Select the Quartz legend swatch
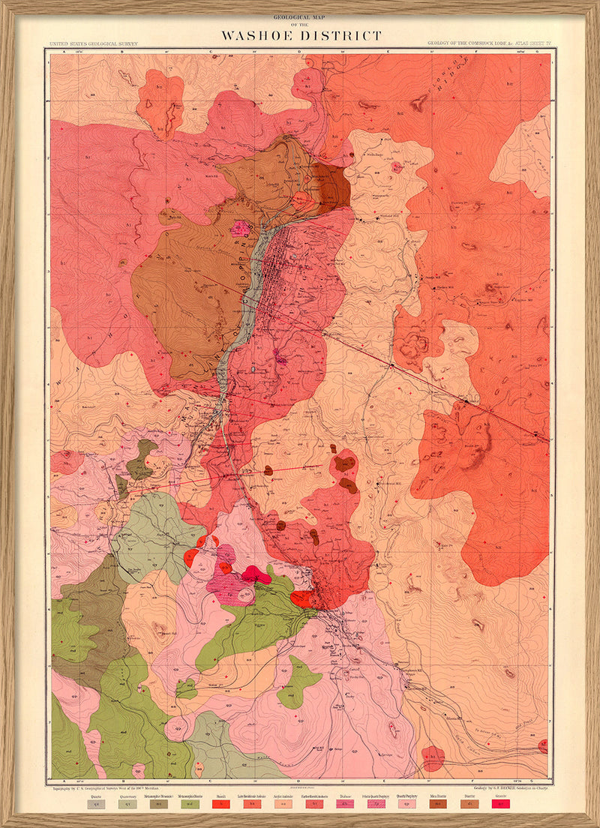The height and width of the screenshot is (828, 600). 96,804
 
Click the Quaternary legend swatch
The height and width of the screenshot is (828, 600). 127,804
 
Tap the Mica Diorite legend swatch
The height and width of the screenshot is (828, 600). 437,804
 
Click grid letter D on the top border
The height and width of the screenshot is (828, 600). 299,52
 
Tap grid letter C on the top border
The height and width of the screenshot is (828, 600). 211,52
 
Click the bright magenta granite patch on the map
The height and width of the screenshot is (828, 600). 256,575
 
